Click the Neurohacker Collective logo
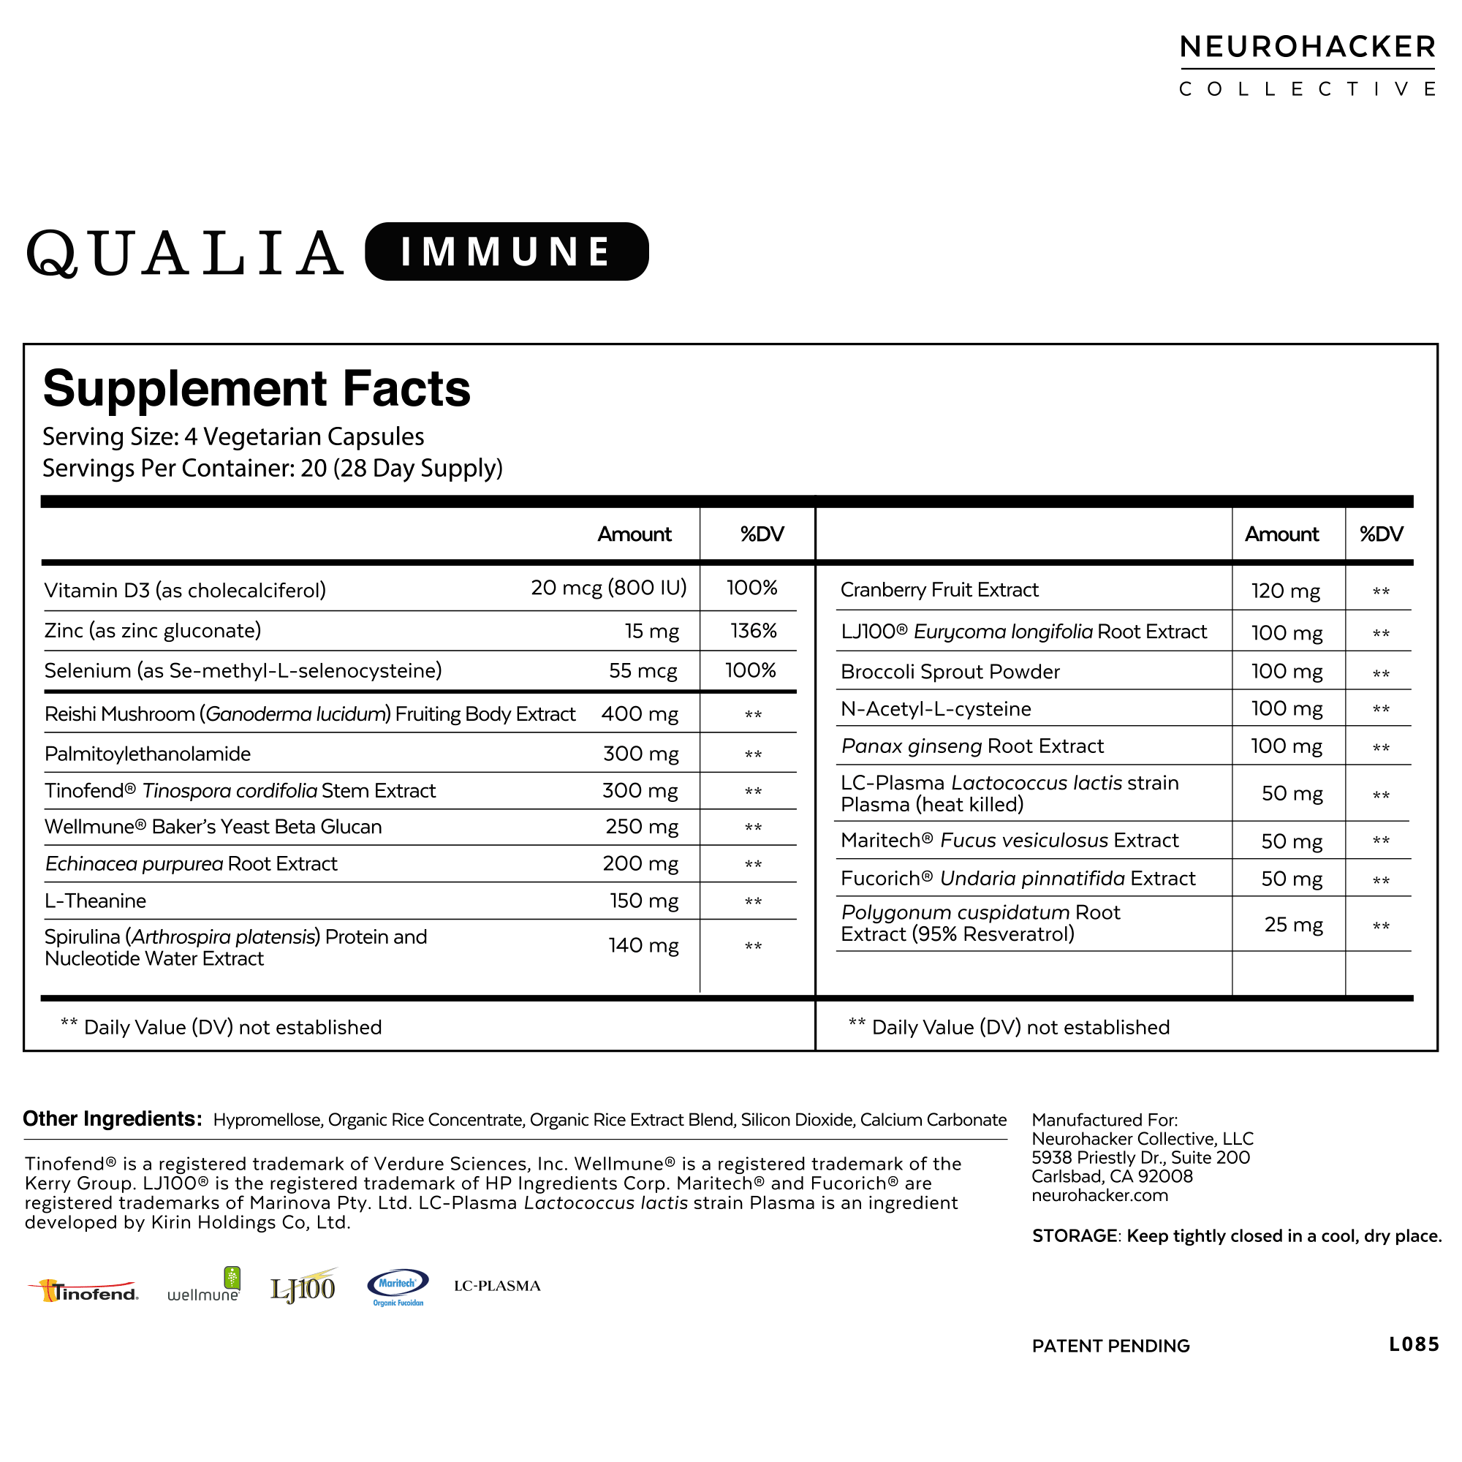coord(1307,65)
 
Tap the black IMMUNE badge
coord(507,251)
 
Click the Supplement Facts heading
coord(257,388)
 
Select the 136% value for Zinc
coord(753,630)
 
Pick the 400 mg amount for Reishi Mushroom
coord(640,713)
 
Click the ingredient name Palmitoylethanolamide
coord(148,754)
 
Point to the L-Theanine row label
coord(95,901)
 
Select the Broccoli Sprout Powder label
coord(950,671)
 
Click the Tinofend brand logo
coord(84,1291)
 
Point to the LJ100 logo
coord(303,1287)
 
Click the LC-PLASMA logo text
coord(497,1286)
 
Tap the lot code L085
coord(1413,1344)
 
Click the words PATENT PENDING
coord(1110,1346)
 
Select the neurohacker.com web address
coord(1099,1195)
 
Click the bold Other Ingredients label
coord(112,1118)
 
